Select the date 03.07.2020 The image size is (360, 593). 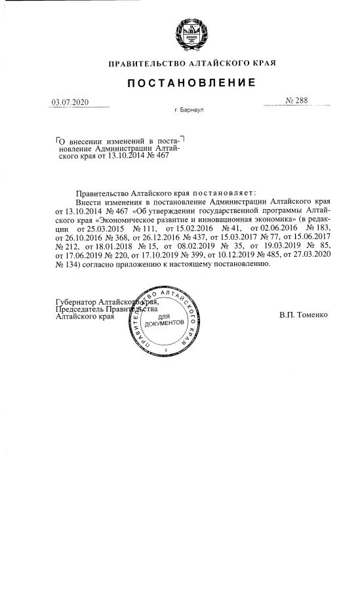(x=70, y=103)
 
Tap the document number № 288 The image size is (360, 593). (x=296, y=102)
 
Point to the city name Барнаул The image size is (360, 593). (x=193, y=111)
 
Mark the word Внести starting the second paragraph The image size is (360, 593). (x=90, y=204)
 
